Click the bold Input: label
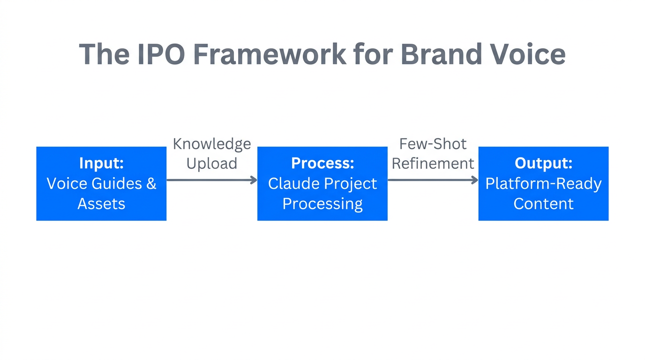(101, 163)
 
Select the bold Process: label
(322, 163)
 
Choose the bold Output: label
(543, 163)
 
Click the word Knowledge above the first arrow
(212, 144)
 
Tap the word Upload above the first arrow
(212, 164)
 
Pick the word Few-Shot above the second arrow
(433, 144)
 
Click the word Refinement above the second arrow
(433, 164)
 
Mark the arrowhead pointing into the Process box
(254, 180)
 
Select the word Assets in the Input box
(101, 204)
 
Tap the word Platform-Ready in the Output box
(543, 184)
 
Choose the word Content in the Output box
(543, 204)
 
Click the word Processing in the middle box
(322, 204)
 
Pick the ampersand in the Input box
(151, 184)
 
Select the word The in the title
(104, 54)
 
